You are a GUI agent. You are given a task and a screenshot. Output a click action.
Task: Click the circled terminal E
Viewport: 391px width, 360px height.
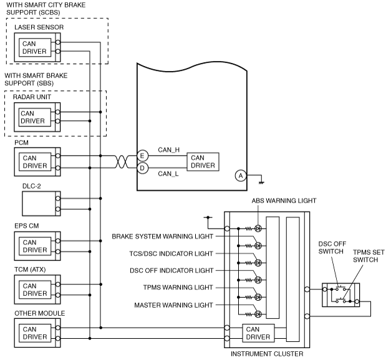pos(142,156)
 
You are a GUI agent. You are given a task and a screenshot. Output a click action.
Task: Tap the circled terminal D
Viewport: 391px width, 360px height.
pos(142,168)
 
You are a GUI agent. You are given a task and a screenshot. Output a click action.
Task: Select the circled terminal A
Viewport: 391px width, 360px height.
pos(241,176)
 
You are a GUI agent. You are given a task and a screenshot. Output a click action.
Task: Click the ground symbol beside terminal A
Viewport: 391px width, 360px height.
pos(261,182)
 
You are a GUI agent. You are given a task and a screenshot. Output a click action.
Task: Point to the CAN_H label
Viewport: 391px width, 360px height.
pos(169,149)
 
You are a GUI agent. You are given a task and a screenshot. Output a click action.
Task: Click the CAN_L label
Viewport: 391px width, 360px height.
pos(168,174)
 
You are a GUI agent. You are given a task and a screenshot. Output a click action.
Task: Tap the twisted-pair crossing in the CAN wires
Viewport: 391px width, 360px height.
pos(122,162)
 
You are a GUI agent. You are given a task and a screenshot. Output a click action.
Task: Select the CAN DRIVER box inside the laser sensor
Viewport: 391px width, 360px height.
pos(35,47)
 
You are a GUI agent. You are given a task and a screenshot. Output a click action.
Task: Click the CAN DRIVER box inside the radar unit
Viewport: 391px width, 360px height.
pos(35,117)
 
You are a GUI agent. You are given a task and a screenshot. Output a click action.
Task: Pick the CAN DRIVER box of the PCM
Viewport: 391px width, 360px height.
pos(35,162)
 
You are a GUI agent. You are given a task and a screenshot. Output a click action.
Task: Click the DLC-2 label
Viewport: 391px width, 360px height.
pos(31,186)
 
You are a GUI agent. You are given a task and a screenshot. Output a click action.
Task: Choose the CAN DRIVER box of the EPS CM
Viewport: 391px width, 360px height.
pos(35,246)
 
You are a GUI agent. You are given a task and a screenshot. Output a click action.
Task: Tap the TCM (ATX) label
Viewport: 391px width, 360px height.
pos(30,270)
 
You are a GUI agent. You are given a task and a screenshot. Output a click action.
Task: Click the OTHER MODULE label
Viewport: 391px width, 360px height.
pos(40,313)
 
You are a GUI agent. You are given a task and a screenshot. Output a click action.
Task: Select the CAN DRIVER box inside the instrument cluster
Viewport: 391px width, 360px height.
pos(258,333)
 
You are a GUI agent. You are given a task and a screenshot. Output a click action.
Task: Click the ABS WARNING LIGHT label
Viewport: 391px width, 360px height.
pos(284,201)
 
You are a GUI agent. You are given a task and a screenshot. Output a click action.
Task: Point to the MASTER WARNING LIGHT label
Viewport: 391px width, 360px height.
pos(173,305)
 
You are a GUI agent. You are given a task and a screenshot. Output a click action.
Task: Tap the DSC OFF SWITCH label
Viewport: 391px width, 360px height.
pos(332,247)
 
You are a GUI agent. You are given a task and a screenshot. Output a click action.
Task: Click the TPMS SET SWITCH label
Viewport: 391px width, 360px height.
pos(369,256)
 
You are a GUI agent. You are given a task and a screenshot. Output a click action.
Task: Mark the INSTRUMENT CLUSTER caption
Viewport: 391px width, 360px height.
pos(267,354)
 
